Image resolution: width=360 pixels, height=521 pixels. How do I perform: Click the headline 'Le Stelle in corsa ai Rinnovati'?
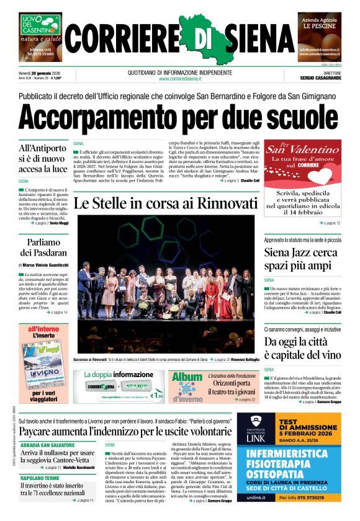click(165, 203)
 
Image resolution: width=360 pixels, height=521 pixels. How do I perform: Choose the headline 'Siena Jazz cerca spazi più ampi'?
click(302, 259)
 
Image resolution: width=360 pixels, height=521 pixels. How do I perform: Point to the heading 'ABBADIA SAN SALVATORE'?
click(47, 445)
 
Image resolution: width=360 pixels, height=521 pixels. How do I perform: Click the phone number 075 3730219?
click(322, 497)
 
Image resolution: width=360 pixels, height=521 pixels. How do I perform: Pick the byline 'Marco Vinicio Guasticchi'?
click(45, 265)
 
